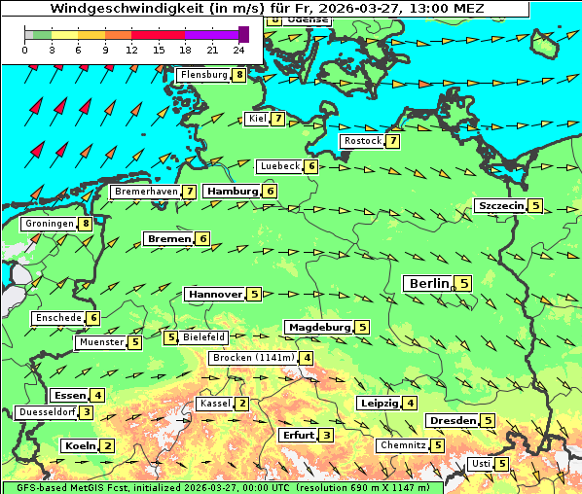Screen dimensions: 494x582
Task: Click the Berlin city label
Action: pos(428,283)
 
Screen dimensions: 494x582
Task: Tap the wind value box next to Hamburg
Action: pos(270,192)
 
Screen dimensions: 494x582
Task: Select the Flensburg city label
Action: pos(203,75)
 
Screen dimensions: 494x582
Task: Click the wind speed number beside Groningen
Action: pos(86,224)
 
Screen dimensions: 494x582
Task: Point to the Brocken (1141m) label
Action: pos(252,358)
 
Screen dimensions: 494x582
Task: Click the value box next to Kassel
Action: pos(241,404)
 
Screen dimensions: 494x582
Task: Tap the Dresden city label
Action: pos(452,420)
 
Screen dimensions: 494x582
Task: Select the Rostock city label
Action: pos(362,141)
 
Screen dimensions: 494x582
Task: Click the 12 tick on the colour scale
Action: pos(131,49)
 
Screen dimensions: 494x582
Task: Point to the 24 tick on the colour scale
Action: pos(237,49)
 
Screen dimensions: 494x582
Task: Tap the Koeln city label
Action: pos(79,445)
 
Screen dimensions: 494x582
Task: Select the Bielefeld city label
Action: pos(203,337)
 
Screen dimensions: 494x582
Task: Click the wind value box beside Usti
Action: pos(501,464)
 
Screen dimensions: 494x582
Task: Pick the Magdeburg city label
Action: pos(318,327)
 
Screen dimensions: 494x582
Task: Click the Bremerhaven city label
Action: pos(145,193)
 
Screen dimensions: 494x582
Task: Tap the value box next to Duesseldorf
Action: pos(87,412)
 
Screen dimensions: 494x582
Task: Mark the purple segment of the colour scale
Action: pos(211,34)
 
